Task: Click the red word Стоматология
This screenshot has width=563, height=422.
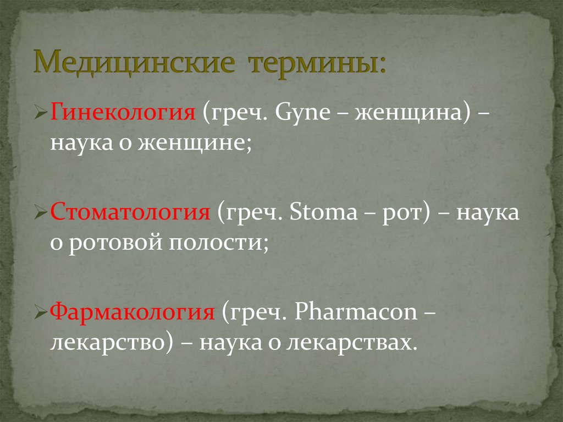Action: pyautogui.click(x=131, y=212)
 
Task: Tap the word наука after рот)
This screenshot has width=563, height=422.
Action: pyautogui.click(x=489, y=213)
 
